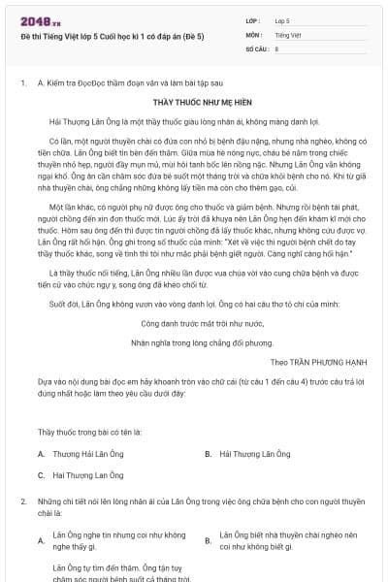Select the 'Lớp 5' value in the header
(283, 20)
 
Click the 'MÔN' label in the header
(253, 34)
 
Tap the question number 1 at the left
(22, 84)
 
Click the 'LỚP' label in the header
(253, 20)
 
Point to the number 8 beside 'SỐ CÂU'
(277, 48)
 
